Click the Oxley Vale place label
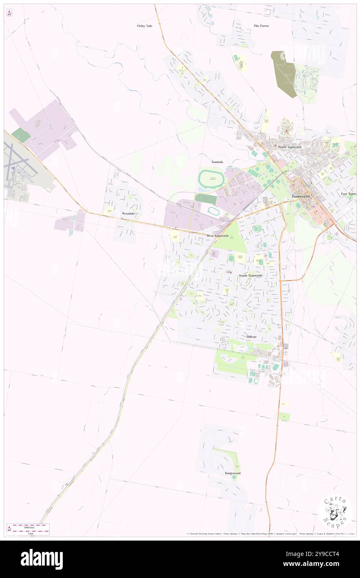coord(145,26)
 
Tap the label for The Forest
coord(261,26)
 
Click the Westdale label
coord(128,213)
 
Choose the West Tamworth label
coord(217,236)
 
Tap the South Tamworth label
coord(250,276)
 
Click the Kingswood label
coord(233,473)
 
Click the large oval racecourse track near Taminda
coord(212,179)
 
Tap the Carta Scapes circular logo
coord(335,512)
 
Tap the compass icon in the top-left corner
coord(9,12)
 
